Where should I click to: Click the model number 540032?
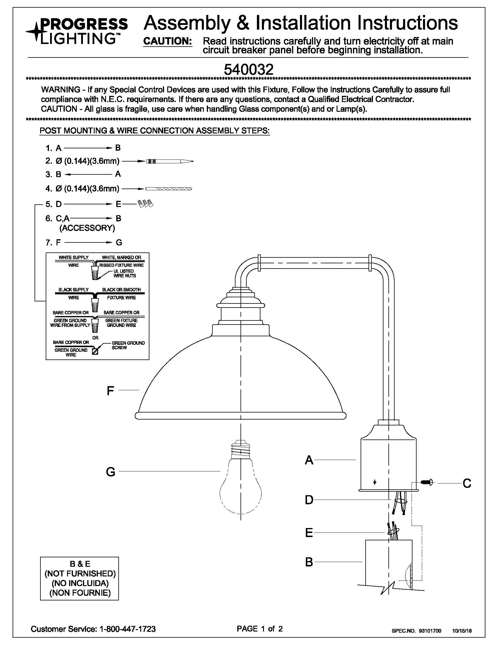pos(248,70)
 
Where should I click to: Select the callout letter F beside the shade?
pos(110,391)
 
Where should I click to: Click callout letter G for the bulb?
pos(111,472)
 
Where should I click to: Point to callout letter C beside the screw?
pos(467,483)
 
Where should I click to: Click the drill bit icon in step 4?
pos(169,189)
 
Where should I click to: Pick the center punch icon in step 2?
pos(170,161)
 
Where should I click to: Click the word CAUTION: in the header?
pos(168,41)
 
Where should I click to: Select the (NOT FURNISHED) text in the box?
pos(80,573)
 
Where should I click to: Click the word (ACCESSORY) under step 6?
pos(87,228)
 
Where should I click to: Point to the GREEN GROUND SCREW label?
pos(128,345)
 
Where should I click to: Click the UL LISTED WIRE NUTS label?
pos(125,274)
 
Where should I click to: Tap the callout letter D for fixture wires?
pos(309,500)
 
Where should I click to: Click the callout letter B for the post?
pos(308,562)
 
